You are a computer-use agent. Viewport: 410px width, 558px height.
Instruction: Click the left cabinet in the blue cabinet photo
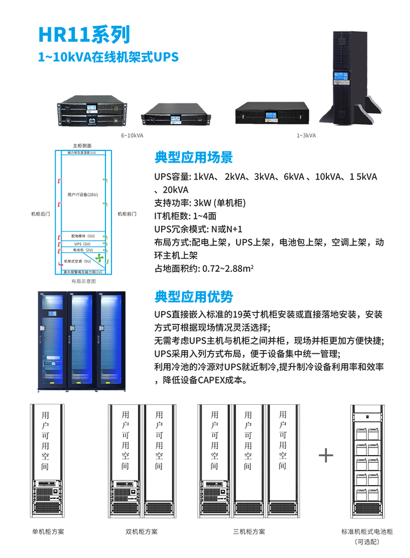click(52, 334)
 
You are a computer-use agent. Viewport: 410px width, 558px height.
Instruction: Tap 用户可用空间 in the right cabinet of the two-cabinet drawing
click(159, 440)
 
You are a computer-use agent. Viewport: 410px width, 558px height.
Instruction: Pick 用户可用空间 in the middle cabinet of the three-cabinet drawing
click(248, 440)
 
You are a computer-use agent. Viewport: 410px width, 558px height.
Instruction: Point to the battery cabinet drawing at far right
click(371, 460)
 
